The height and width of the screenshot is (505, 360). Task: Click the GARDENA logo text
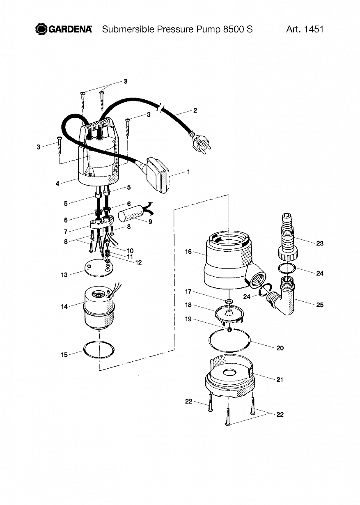[70, 29]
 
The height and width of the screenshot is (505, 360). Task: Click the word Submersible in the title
[128, 29]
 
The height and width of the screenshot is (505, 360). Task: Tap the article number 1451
[314, 29]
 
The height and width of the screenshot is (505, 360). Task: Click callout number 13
[64, 275]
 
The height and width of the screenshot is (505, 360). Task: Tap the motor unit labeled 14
[99, 309]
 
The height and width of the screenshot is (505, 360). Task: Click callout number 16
[188, 252]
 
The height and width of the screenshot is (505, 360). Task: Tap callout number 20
[280, 348]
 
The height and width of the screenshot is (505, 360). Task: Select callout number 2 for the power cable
[195, 110]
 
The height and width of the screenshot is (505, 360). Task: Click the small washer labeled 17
[229, 301]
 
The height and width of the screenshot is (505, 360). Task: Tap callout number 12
[138, 262]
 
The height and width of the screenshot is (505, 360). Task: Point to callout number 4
[57, 184]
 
